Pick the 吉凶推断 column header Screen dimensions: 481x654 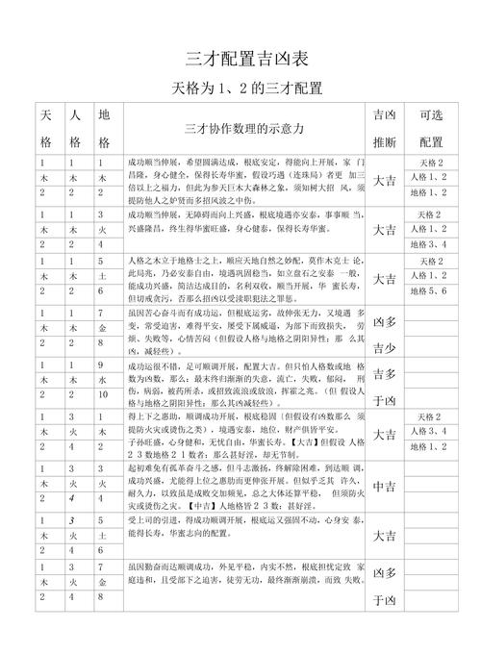tap(384, 128)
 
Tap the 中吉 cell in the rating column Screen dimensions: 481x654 tap(384, 486)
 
